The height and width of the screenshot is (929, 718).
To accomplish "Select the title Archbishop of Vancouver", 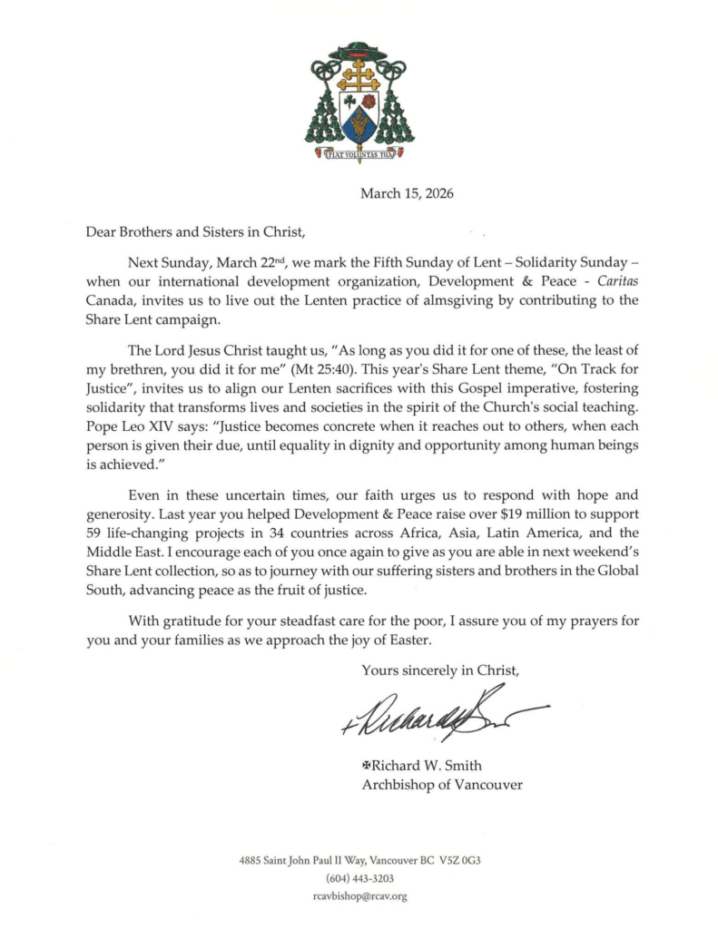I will click(x=442, y=784).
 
